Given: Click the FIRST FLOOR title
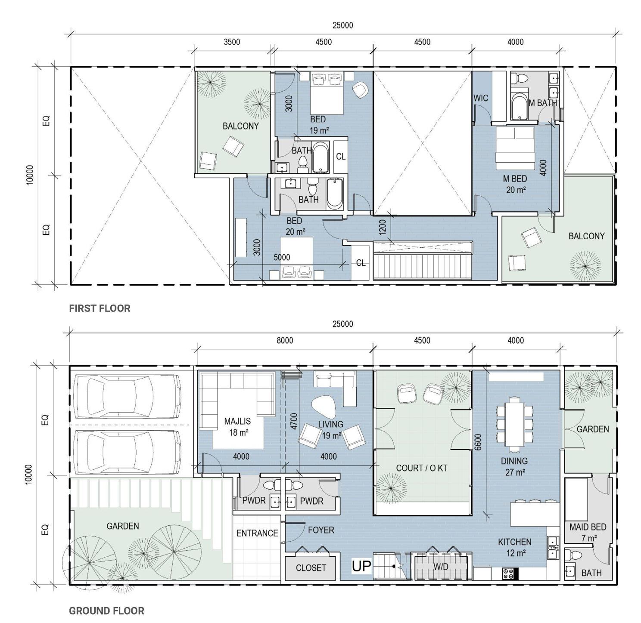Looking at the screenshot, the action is tap(100, 308).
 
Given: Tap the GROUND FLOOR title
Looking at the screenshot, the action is tap(106, 611).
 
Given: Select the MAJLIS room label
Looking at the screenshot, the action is tap(237, 421).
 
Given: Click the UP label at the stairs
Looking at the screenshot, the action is tap(361, 566).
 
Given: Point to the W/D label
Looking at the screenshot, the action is tap(441, 567).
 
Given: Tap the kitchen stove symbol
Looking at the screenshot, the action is tap(508, 574).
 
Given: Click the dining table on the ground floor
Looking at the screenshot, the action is tap(514, 424).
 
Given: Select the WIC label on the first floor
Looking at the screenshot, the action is tap(481, 98).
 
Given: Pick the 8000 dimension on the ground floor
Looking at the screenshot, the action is tap(285, 340).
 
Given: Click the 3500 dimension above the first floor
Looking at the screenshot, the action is tap(232, 42).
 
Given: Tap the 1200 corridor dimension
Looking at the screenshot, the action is tap(382, 227).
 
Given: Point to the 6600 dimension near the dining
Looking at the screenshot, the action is tap(478, 442).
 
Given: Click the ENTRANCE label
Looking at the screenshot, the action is tap(257, 533).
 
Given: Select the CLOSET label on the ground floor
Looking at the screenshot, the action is tap(311, 568).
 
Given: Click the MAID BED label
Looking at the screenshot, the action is tap(588, 527).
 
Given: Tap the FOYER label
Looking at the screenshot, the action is tap(321, 530).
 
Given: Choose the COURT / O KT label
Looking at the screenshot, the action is tap(422, 468).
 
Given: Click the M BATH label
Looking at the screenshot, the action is tap(543, 103).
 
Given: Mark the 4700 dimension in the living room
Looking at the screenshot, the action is tap(294, 421).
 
